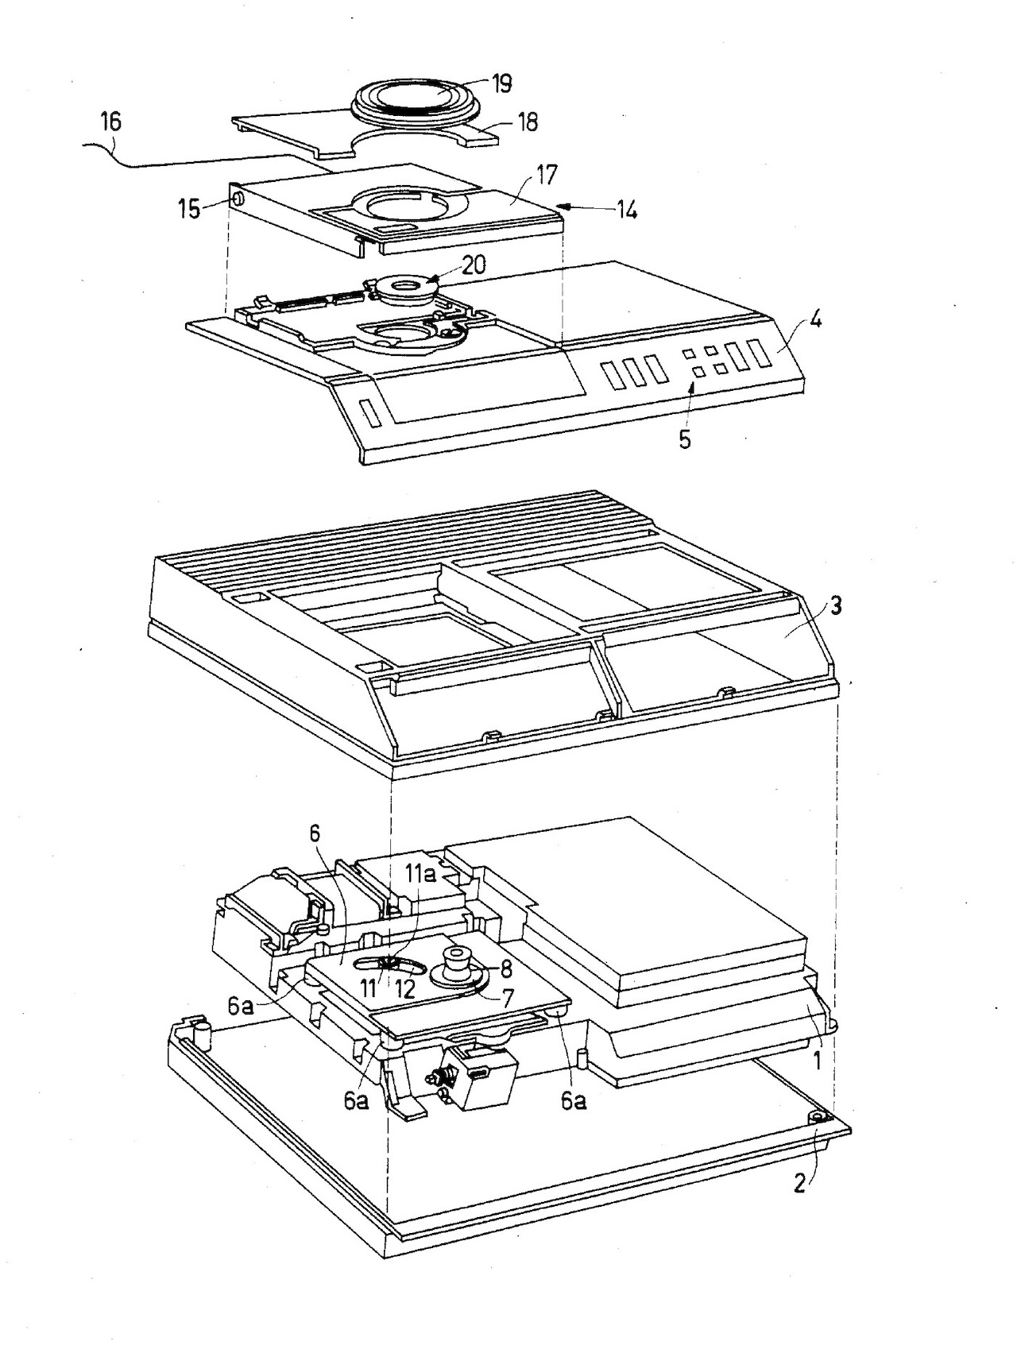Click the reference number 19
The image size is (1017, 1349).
tap(501, 83)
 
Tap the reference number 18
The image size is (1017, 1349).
tap(527, 122)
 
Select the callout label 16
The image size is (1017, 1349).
tap(111, 122)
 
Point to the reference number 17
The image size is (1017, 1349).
tap(547, 173)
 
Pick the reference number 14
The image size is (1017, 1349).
tap(627, 211)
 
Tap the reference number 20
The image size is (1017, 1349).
tap(474, 265)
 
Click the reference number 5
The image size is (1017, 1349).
tap(684, 439)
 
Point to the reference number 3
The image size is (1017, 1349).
tap(835, 606)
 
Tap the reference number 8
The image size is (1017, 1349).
tap(506, 969)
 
